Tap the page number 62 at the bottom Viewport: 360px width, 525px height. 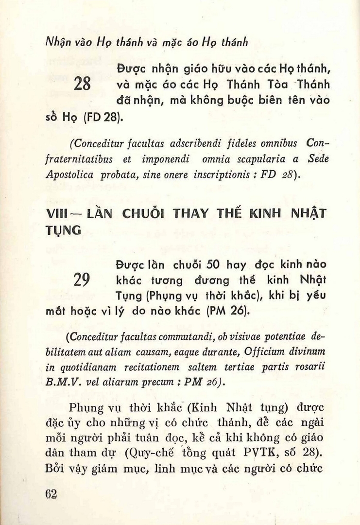pos(51,493)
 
